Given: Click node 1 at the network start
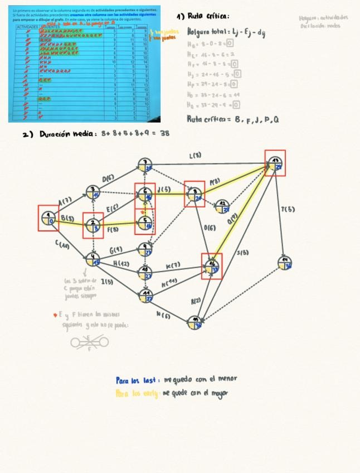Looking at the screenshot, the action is pyautogui.click(x=48, y=218).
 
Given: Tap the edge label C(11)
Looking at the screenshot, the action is pyautogui.click(x=62, y=244).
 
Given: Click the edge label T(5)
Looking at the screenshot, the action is pyautogui.click(x=288, y=210).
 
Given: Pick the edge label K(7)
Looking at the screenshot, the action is pyautogui.click(x=173, y=264).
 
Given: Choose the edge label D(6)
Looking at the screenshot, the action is pyautogui.click(x=108, y=179).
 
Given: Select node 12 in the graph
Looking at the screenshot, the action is pyautogui.click(x=223, y=206).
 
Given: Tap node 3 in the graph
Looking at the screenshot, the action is pyautogui.click(x=93, y=192).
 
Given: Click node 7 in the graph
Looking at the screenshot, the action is pyautogui.click(x=145, y=165).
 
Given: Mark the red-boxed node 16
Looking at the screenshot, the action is pyautogui.click(x=212, y=266).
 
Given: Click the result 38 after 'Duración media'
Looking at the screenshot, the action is pyautogui.click(x=164, y=133).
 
